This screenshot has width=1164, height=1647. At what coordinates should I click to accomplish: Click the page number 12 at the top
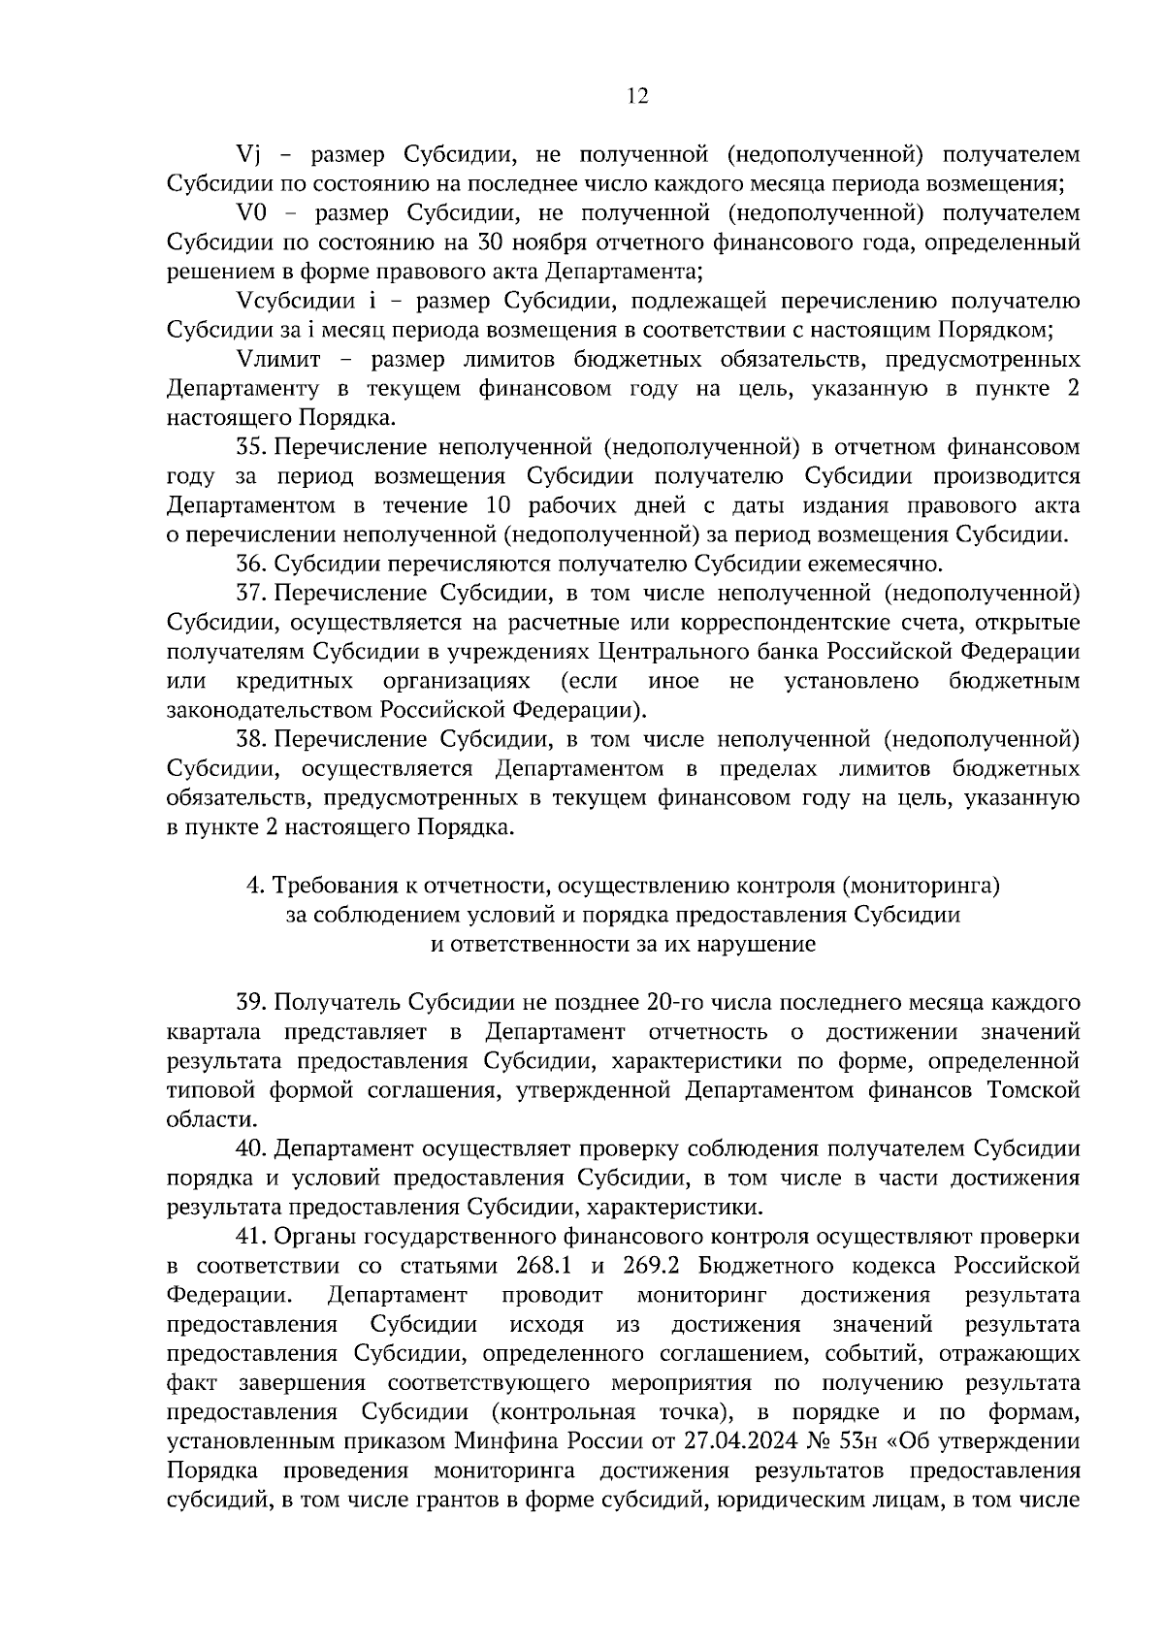(637, 95)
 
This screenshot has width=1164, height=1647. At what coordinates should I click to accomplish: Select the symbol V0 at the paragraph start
(252, 213)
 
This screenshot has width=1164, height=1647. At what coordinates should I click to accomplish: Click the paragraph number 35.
(250, 447)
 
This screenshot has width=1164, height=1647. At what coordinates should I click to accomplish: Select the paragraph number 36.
(250, 564)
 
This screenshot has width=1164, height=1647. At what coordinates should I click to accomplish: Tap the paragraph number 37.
(250, 593)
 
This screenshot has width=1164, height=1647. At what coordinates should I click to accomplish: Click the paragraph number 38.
(250, 739)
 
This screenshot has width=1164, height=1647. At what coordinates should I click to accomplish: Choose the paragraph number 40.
(250, 1148)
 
